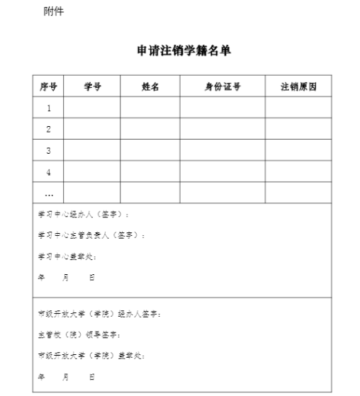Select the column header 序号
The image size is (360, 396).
[48, 87]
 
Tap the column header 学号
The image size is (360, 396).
[92, 87]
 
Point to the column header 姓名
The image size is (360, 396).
[150, 87]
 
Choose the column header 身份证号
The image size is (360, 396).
[223, 87]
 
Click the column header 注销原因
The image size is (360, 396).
[298, 87]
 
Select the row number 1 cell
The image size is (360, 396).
[49, 108]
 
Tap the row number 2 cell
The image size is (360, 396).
[49, 130]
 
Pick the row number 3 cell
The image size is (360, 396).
[49, 151]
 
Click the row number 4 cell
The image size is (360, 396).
[49, 172]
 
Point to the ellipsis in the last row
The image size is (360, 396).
[49, 193]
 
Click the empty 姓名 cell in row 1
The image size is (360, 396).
[150, 108]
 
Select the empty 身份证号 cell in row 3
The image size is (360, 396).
[223, 151]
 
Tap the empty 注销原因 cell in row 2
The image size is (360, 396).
[298, 130]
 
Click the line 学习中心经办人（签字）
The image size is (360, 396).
[84, 214]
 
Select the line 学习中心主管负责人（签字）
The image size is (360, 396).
[91, 235]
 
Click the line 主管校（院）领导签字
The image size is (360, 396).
[79, 334]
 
